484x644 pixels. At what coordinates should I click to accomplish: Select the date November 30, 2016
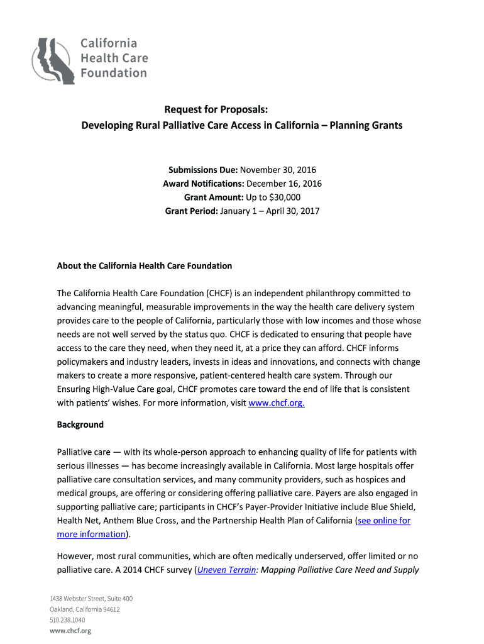pos(278,170)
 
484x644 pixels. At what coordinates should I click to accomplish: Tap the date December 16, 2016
pos(284,184)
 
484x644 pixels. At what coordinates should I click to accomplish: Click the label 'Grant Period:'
pos(192,211)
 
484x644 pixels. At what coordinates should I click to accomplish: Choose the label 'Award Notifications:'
pos(204,184)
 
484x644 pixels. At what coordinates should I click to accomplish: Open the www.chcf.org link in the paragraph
pos(277,403)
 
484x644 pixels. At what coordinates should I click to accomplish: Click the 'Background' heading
pos(80,425)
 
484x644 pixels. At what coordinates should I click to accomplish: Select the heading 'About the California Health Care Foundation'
pos(145,266)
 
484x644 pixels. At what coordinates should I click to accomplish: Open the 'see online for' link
pos(383,521)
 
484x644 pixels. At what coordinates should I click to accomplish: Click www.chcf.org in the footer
pos(70,631)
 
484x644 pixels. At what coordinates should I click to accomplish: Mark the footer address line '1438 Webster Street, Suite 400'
pos(91,599)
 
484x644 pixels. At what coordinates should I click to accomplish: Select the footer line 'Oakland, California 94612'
pos(85,609)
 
